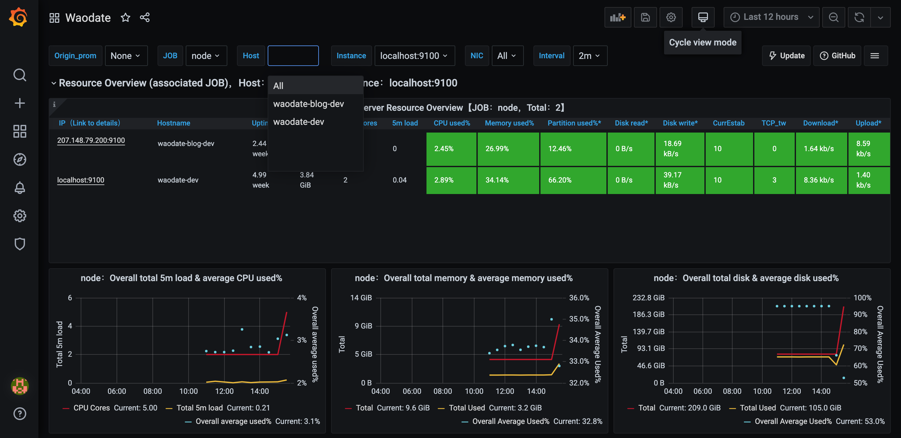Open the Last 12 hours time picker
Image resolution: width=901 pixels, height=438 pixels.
pos(771,17)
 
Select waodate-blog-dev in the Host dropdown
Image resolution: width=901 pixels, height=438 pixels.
pos(308,104)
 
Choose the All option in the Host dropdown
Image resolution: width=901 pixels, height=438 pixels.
pos(279,86)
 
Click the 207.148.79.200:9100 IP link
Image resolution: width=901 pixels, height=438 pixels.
pos(91,140)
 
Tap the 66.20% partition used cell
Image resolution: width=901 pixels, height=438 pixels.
pos(572,180)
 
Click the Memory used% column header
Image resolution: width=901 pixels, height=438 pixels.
pos(509,123)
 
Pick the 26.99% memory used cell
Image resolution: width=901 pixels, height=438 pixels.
pos(508,149)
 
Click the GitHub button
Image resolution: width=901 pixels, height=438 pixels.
pos(837,56)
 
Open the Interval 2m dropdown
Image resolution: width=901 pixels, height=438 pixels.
pos(589,56)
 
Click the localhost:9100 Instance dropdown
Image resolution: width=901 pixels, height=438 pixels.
pos(414,56)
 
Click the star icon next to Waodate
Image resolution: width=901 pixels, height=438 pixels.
pos(125,18)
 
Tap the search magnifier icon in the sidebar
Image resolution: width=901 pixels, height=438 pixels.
pos(20,75)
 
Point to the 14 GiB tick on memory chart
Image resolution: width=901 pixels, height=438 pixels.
pos(361,298)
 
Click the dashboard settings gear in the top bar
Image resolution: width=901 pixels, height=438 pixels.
pos(670,17)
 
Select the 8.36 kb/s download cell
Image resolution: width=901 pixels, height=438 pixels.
pos(818,180)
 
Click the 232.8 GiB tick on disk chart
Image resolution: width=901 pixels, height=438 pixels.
pos(648,298)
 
